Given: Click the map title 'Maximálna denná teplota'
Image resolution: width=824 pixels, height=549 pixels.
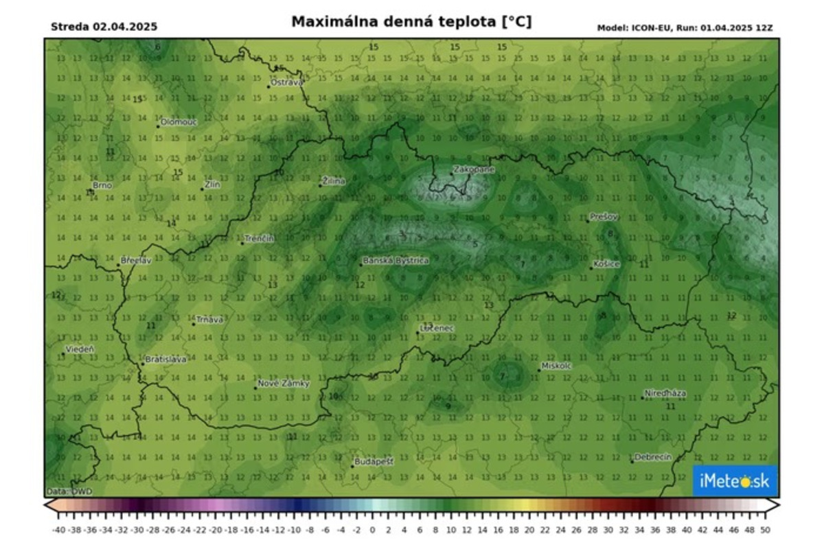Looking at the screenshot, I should click(411, 22).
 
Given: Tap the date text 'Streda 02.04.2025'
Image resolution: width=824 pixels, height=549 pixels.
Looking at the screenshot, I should click(104, 27).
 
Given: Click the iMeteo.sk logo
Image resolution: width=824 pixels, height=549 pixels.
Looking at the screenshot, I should click(734, 481).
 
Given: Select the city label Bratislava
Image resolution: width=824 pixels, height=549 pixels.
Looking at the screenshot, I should click(165, 360).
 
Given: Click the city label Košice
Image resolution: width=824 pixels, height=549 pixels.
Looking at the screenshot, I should click(607, 264).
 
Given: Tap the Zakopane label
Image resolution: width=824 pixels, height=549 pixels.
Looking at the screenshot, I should click(474, 169).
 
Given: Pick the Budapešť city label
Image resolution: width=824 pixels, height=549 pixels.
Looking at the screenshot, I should click(374, 462).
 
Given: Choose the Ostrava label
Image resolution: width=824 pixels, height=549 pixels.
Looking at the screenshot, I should click(286, 82).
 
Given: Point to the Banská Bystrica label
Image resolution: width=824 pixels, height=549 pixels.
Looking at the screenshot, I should click(396, 261).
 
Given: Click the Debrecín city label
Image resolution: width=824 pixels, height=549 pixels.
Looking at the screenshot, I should click(653, 457).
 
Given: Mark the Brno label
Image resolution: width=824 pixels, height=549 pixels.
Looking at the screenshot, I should click(102, 185).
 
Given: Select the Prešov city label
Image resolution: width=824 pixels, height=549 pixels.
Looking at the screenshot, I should click(605, 217).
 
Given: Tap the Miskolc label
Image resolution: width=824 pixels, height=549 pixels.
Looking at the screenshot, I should click(556, 366).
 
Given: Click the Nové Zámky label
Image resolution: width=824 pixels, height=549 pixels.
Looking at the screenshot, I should click(284, 384).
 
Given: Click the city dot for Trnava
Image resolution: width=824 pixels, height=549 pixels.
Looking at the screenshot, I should click(194, 323).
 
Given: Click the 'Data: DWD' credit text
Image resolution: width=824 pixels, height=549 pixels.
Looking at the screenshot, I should click(69, 491).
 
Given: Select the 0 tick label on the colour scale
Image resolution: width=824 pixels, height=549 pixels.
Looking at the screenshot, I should click(372, 530).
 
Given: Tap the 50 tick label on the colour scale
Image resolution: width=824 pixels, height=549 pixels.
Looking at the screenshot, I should click(765, 530).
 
